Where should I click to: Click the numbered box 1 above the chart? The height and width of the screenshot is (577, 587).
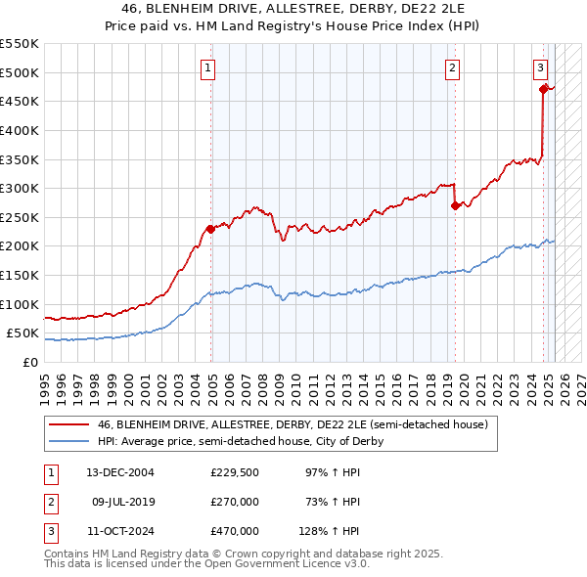210,67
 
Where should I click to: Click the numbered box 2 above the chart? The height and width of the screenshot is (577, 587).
453,67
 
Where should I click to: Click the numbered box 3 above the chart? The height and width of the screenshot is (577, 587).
541,67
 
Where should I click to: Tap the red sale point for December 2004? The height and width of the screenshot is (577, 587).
210,230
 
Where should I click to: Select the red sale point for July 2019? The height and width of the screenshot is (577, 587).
454,205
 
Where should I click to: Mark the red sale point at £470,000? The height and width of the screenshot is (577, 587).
543,89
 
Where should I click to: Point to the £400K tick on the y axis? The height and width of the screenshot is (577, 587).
21,130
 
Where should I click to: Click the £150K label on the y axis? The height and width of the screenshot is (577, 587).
21,275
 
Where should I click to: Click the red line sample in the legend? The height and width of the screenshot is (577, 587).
69,425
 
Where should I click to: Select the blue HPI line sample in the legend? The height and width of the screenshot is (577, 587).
69,441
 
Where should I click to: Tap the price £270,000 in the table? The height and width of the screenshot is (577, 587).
235,502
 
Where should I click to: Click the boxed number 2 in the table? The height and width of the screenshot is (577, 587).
50,502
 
